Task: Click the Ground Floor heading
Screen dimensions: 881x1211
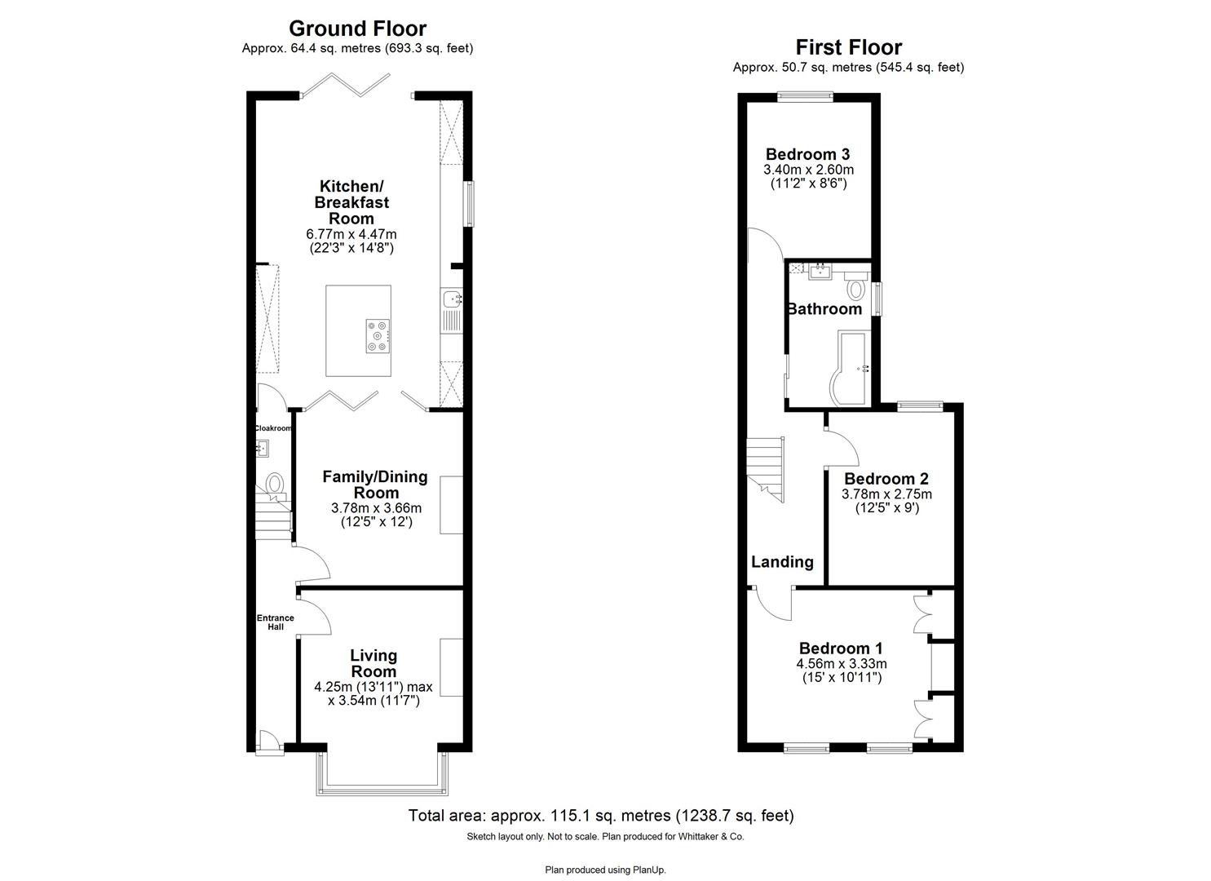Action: [357, 29]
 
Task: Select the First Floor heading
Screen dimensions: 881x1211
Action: [848, 47]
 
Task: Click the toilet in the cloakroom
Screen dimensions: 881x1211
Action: [275, 484]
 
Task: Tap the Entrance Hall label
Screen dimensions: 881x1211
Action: [275, 622]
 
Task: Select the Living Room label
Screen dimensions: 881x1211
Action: [373, 663]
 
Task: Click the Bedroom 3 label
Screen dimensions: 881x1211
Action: [807, 154]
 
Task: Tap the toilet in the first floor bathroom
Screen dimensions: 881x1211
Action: [855, 288]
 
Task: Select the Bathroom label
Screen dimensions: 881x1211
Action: [824, 309]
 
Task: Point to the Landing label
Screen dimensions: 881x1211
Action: [782, 561]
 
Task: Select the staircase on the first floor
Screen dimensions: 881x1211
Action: [767, 467]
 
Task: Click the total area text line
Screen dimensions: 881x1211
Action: [600, 815]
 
